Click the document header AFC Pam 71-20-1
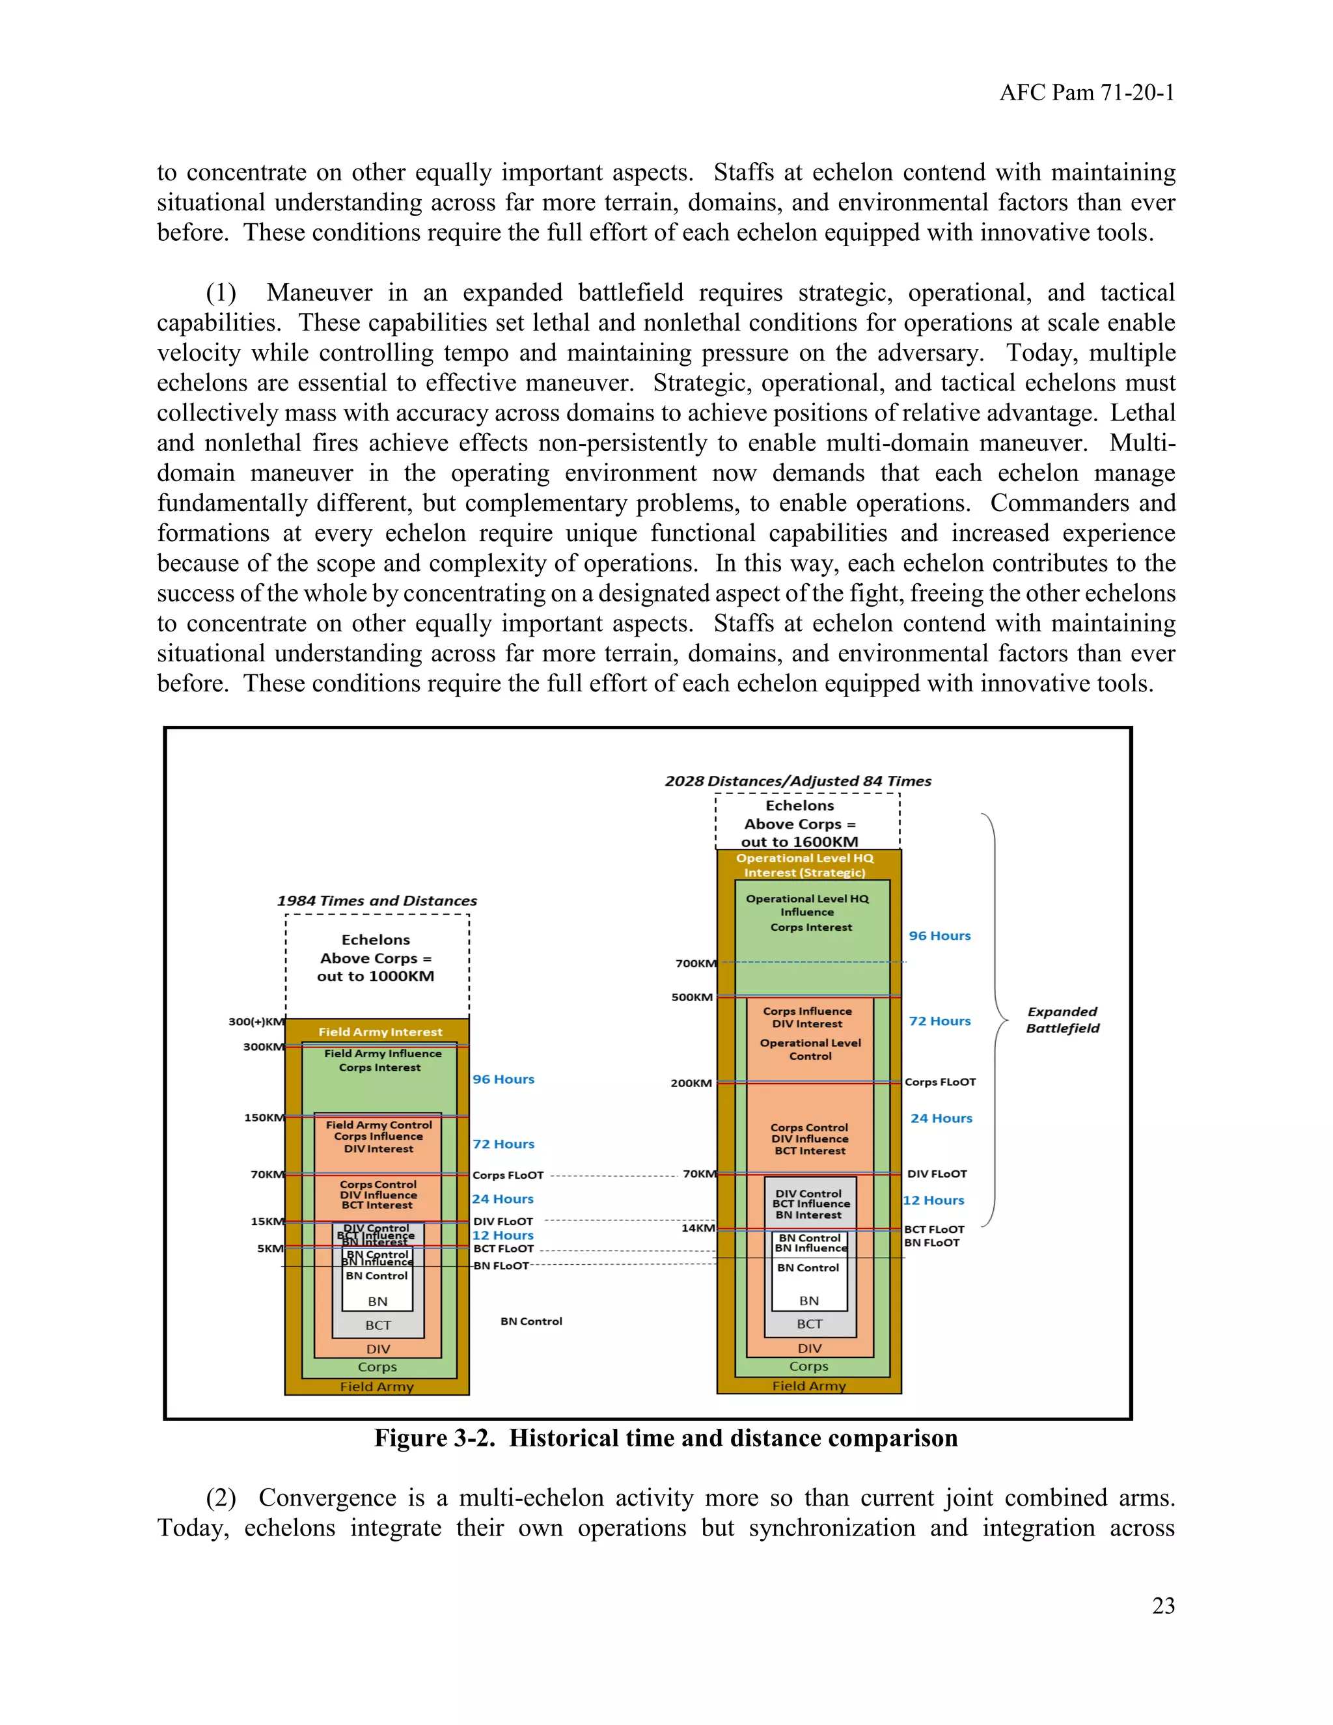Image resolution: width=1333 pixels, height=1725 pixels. click(x=1086, y=93)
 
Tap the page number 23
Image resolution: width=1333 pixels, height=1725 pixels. click(x=1163, y=1606)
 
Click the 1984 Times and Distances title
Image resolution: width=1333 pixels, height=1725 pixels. click(x=377, y=900)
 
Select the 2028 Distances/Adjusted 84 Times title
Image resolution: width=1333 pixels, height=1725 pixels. click(x=797, y=780)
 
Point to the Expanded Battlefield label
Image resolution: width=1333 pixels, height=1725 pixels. click(x=1062, y=1019)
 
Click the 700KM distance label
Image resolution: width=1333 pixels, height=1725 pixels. click(x=696, y=963)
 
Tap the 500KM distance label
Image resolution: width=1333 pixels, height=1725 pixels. click(x=692, y=997)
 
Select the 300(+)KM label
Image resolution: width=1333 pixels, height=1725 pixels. click(x=256, y=1021)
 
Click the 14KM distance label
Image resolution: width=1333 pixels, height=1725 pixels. click(x=698, y=1228)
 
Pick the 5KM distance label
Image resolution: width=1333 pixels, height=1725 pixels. click(x=270, y=1249)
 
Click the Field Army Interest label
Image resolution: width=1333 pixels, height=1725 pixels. click(x=380, y=1032)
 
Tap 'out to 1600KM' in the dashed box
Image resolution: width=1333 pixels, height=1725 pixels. click(x=799, y=841)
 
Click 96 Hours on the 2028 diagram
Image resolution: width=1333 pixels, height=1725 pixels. click(x=940, y=935)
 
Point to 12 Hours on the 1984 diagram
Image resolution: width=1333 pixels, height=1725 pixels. click(x=503, y=1235)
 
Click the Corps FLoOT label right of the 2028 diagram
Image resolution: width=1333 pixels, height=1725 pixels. click(x=940, y=1082)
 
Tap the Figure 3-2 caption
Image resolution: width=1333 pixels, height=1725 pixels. click(x=666, y=1437)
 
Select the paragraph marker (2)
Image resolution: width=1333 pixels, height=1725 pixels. click(x=221, y=1498)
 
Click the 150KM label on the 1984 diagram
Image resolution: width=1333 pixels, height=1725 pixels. click(x=264, y=1118)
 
